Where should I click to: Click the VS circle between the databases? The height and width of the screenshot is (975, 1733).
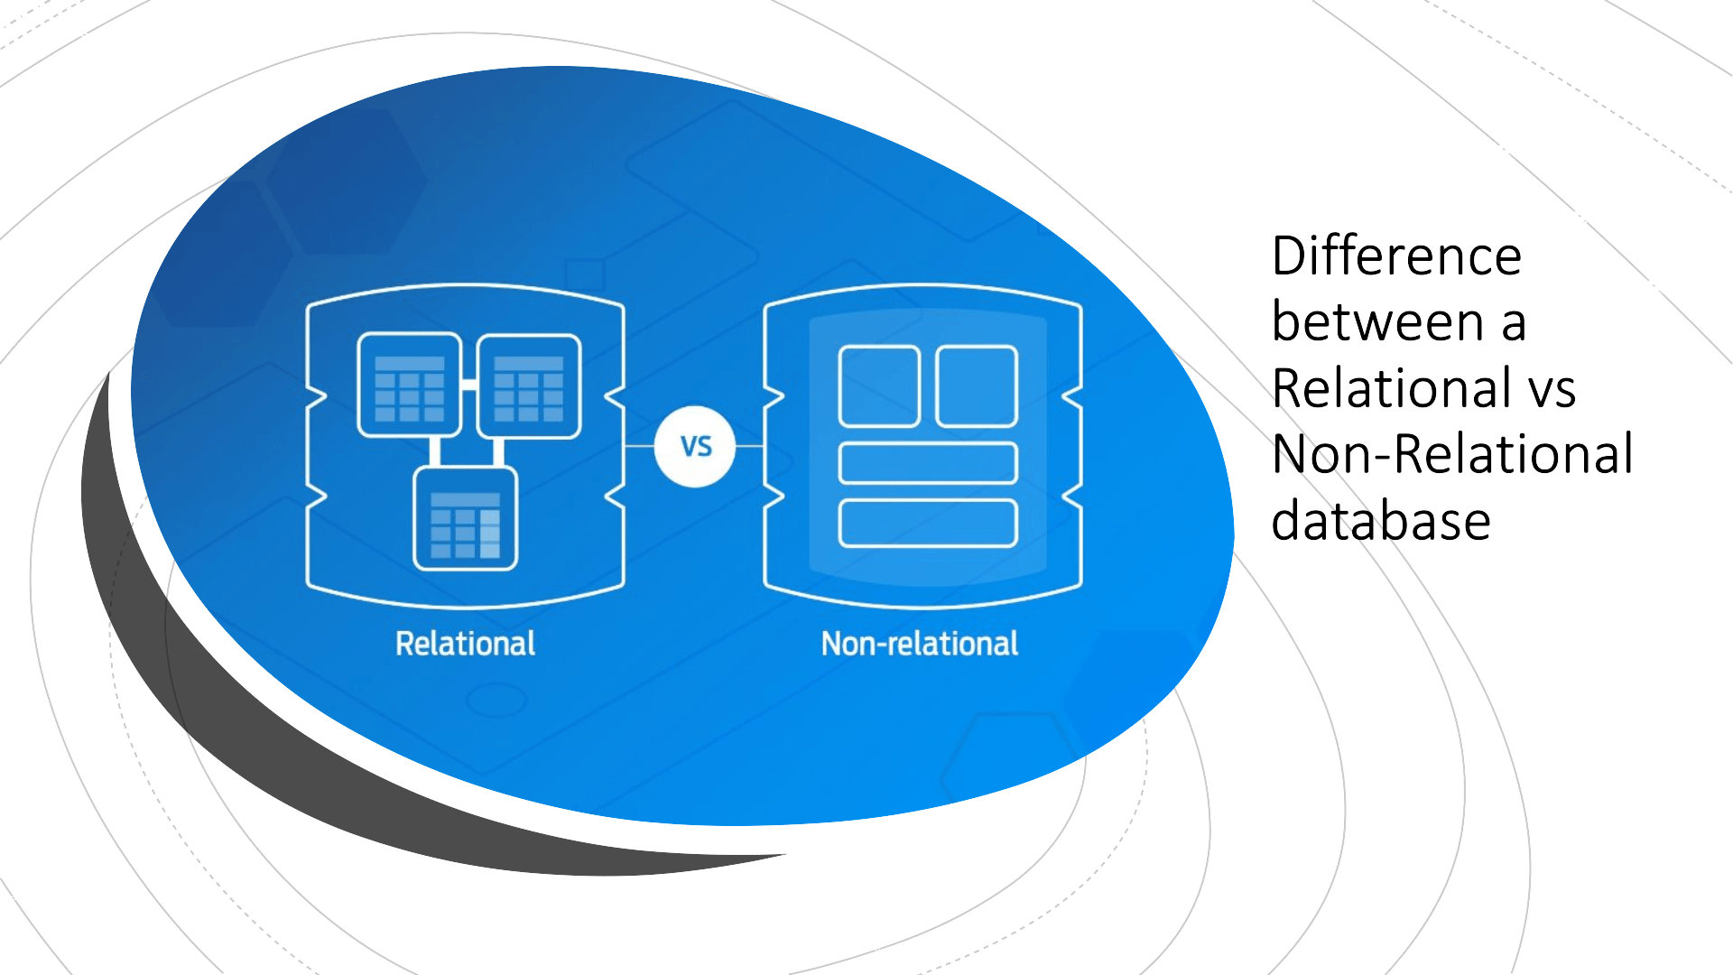695,446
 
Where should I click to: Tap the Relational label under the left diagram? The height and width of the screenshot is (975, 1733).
465,644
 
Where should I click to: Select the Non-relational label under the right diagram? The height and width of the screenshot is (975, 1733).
919,644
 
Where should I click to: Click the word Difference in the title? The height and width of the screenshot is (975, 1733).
1396,256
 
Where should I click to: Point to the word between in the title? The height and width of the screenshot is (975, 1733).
1377,322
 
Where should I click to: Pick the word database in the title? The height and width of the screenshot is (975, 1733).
1380,521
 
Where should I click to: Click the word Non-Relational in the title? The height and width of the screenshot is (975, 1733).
1451,454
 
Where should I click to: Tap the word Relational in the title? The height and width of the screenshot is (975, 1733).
1390,388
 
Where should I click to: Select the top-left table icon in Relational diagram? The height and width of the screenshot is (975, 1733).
410,386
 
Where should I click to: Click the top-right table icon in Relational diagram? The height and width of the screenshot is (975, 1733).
529,386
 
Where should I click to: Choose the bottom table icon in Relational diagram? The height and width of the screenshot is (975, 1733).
465,519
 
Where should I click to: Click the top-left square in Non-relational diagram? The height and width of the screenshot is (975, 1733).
879,386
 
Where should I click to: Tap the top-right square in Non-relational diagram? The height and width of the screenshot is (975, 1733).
977,386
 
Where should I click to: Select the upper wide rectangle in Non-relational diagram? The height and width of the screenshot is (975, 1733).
928,463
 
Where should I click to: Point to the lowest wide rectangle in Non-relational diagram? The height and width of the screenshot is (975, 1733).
928,523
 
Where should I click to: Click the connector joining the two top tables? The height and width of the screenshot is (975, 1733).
469,385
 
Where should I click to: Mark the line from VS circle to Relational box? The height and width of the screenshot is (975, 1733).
639,446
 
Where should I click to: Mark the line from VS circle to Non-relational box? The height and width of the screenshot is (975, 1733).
750,446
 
